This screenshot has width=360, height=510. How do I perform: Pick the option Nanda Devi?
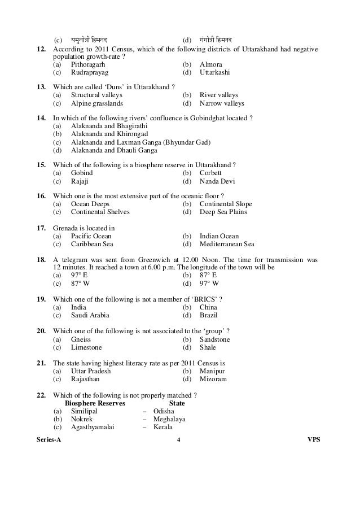tap(217, 182)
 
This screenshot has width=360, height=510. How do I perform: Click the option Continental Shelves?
tap(100, 212)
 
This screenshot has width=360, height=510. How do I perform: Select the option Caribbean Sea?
tap(92, 245)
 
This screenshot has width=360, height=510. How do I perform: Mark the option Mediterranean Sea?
tap(227, 245)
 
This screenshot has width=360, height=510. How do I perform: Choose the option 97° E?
tap(80, 275)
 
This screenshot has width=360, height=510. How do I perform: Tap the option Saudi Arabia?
tap(90, 315)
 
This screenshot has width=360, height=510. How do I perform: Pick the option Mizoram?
tap(213, 380)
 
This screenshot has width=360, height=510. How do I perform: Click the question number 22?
tap(41, 395)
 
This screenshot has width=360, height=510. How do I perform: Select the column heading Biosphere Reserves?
tap(95, 404)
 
